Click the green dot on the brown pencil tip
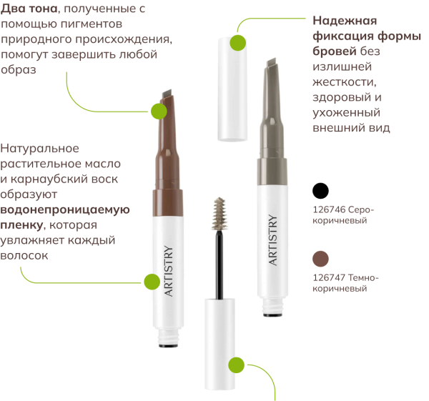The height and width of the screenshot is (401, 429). tap(159, 110)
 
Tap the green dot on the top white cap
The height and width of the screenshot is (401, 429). tap(238, 42)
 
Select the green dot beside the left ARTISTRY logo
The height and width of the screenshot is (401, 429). tap(152, 281)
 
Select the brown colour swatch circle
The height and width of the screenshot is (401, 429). tap(321, 258)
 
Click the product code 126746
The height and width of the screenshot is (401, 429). tap(330, 210)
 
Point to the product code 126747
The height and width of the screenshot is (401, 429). tap(330, 277)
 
